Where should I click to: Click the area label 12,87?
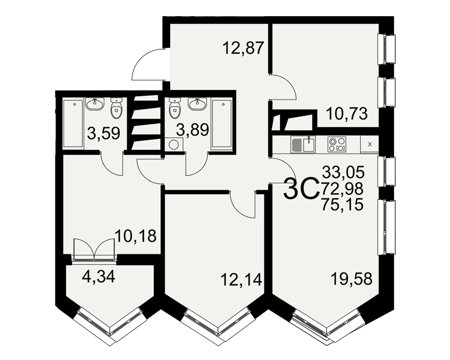tap(243, 48)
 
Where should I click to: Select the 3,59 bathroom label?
tap(103, 133)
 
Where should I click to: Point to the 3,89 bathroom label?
tap(192, 130)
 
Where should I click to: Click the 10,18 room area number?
tap(135, 236)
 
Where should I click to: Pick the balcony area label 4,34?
tap(99, 276)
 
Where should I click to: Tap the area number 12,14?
tap(241, 279)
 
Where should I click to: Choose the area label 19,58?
tap(351, 279)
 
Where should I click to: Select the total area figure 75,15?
tap(342, 205)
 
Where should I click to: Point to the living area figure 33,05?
tap(343, 172)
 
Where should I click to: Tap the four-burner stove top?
tap(337, 144)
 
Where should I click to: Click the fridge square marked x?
tap(369, 144)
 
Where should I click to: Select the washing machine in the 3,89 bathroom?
tap(174, 144)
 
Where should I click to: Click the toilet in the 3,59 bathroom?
tap(117, 108)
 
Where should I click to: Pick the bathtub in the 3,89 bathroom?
tap(221, 124)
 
